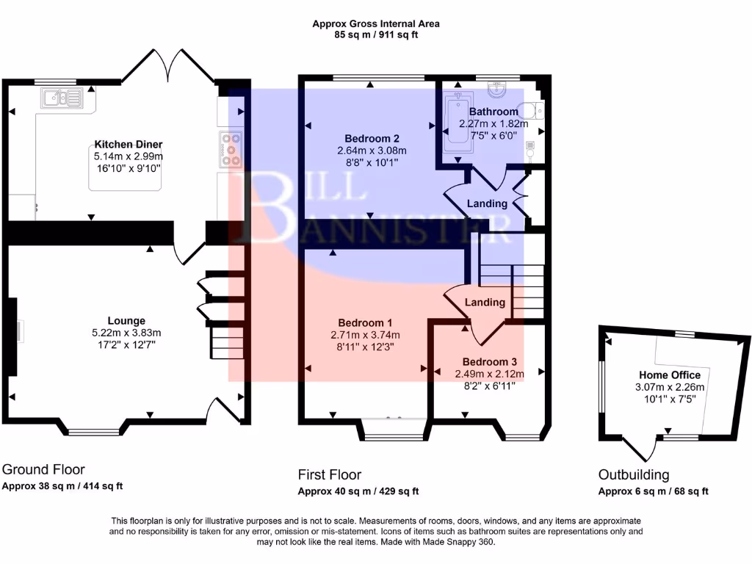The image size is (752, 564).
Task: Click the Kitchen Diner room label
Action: click(128, 144)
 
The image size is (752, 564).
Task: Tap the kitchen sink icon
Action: click(62, 97)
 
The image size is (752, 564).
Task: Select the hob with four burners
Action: click(230, 149)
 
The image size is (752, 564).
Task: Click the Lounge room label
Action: click(126, 320)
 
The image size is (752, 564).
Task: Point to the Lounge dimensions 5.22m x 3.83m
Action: click(126, 332)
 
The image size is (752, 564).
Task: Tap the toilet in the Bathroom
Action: click(538, 111)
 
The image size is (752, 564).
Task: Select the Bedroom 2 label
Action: click(372, 138)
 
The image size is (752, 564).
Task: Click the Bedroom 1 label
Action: click(365, 322)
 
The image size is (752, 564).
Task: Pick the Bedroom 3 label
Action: click(489, 361)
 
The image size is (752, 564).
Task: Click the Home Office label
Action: click(669, 375)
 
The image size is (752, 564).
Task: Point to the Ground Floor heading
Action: click(43, 469)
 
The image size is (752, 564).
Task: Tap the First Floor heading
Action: click(329, 475)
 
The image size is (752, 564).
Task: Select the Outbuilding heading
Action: click(633, 475)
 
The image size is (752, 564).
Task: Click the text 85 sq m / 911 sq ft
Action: click(375, 35)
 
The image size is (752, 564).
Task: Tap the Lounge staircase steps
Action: click(221, 342)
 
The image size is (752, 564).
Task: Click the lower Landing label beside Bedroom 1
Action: click(485, 302)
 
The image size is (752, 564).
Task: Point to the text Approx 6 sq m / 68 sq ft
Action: click(653, 491)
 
